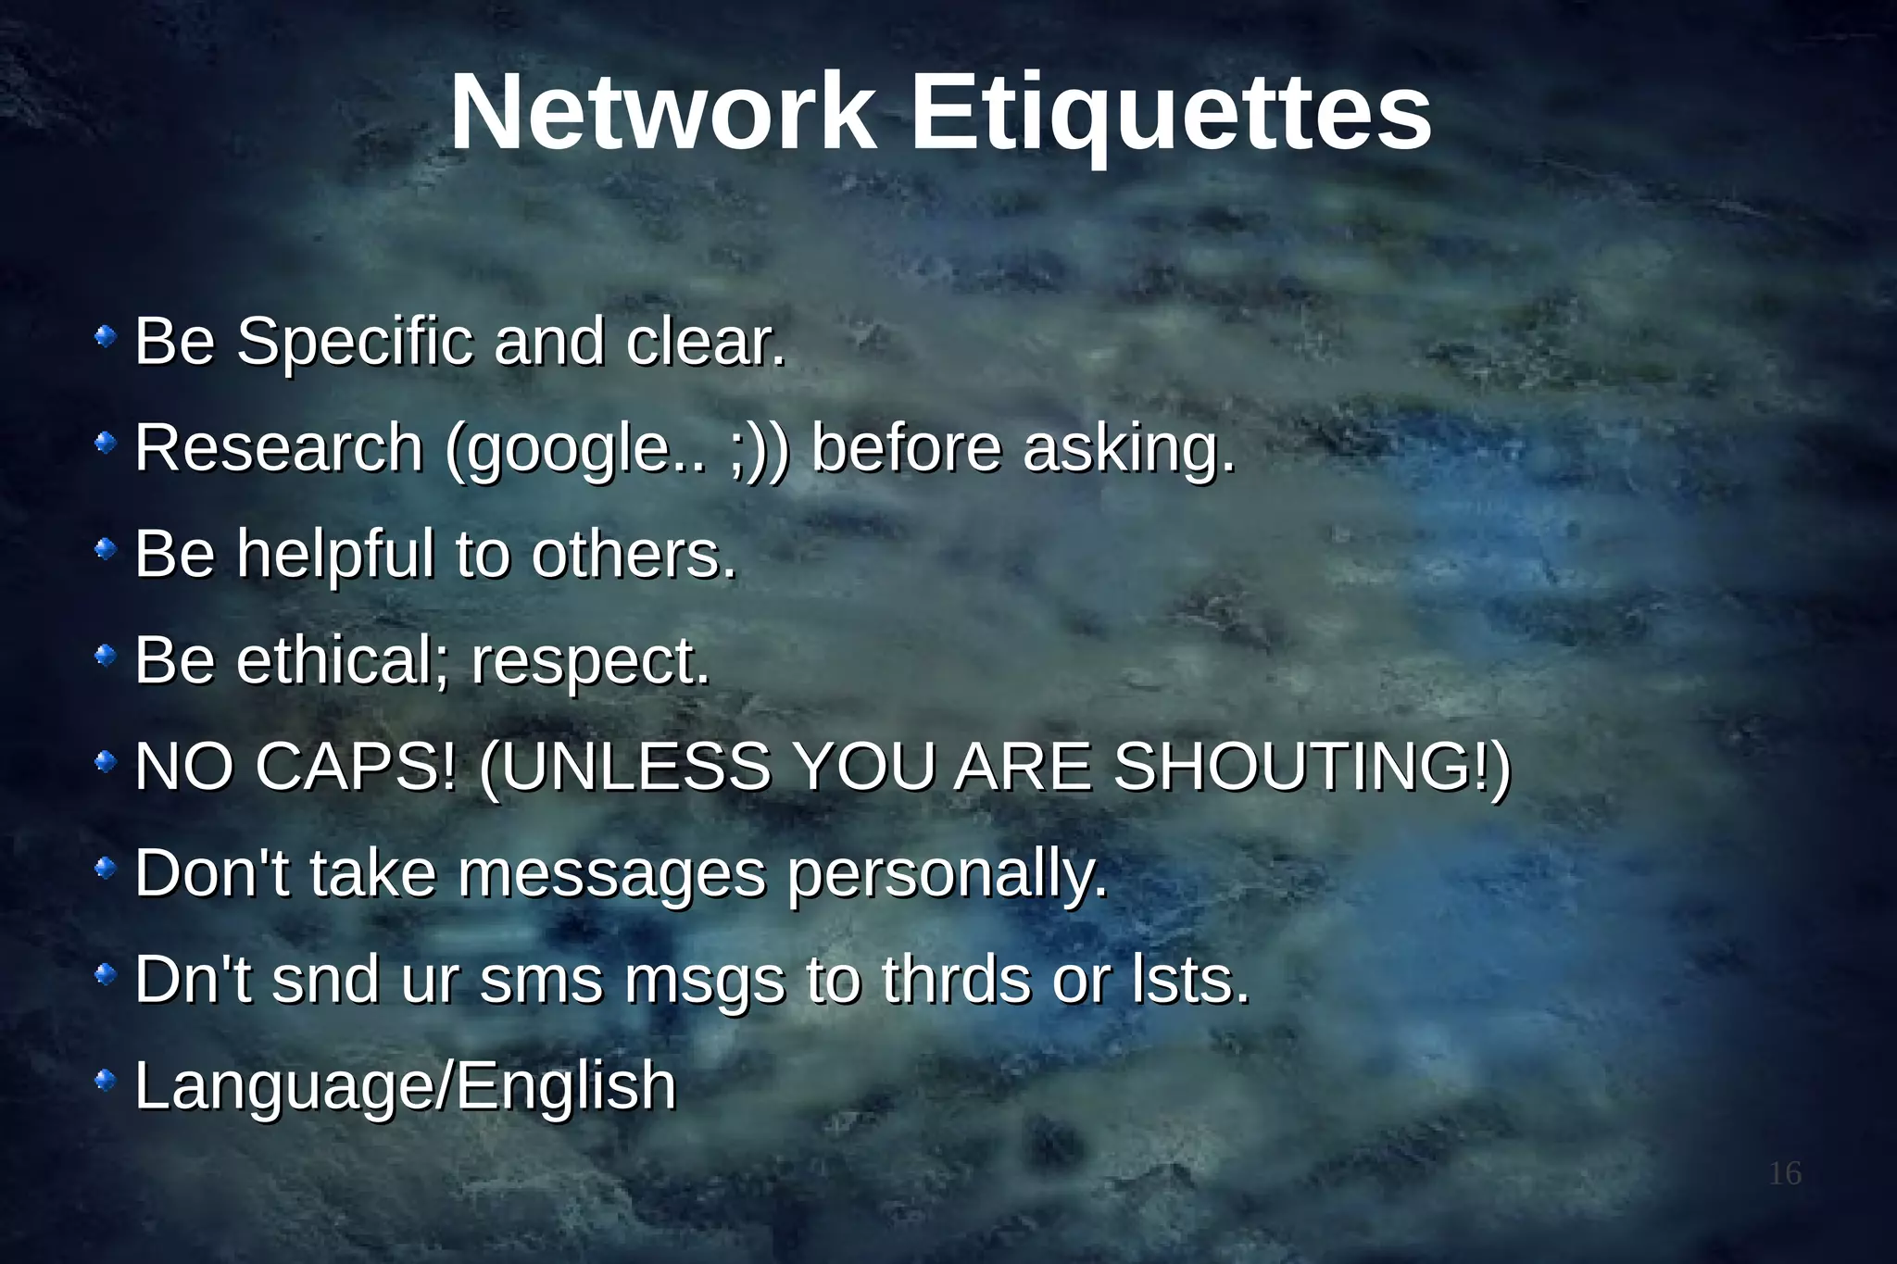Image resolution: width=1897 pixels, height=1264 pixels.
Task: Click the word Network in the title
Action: pyautogui.click(x=662, y=113)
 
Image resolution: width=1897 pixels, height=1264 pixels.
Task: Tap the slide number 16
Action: pyautogui.click(x=1785, y=1173)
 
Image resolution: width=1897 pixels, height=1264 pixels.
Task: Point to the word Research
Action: pyautogui.click(x=279, y=448)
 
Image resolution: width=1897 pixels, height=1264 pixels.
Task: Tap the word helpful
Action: pyautogui.click(x=335, y=554)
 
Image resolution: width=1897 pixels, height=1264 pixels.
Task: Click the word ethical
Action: pyautogui.click(x=337, y=661)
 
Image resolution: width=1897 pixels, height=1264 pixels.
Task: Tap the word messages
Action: pyautogui.click(x=612, y=874)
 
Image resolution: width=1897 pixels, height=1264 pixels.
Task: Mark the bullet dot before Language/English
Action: pyautogui.click(x=107, y=1080)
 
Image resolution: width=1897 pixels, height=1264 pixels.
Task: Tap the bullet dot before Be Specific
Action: pyautogui.click(x=107, y=335)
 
